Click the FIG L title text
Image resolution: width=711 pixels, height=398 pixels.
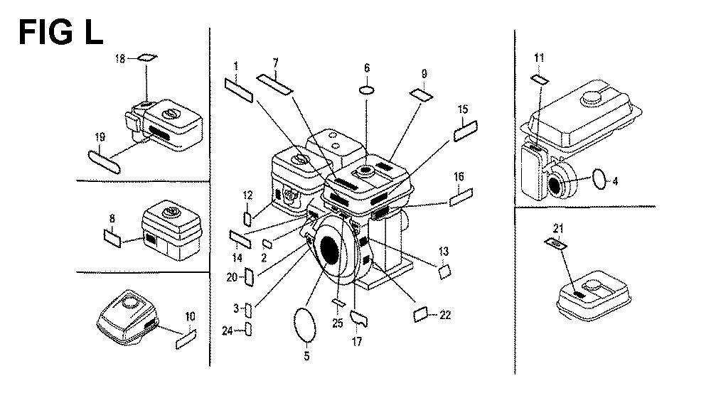(x=61, y=31)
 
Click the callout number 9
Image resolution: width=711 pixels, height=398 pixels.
(x=424, y=73)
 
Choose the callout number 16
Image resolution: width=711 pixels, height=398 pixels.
(x=459, y=176)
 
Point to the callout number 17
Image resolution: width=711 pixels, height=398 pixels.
(x=357, y=342)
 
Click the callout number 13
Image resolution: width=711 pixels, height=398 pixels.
(x=444, y=251)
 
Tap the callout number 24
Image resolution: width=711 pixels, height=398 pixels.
(x=227, y=329)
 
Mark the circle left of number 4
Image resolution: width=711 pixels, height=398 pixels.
(x=599, y=181)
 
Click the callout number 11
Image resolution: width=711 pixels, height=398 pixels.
(x=539, y=58)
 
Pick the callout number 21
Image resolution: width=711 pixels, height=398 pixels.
(x=558, y=227)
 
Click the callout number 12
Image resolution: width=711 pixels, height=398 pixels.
(x=247, y=195)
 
